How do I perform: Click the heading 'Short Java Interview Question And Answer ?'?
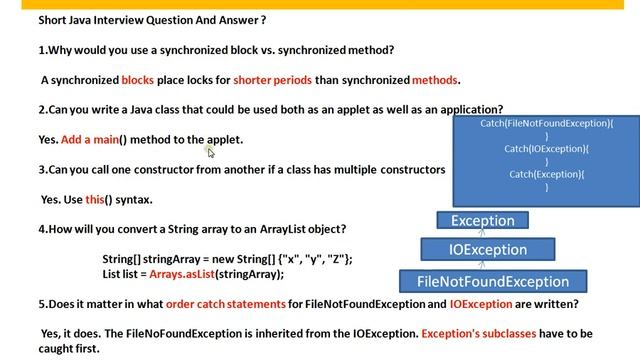[x=138, y=19]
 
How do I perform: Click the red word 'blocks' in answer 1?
[x=138, y=80]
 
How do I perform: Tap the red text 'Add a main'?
[x=87, y=140]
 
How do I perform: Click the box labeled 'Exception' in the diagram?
[x=482, y=220]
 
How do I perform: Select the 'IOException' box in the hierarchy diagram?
[x=487, y=250]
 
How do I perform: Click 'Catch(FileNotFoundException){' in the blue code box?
[x=546, y=123]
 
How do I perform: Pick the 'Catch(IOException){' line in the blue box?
[x=546, y=149]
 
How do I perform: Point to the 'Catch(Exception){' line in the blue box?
[x=546, y=175]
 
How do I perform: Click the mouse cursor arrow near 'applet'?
[x=211, y=151]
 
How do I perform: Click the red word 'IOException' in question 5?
[x=484, y=304]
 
